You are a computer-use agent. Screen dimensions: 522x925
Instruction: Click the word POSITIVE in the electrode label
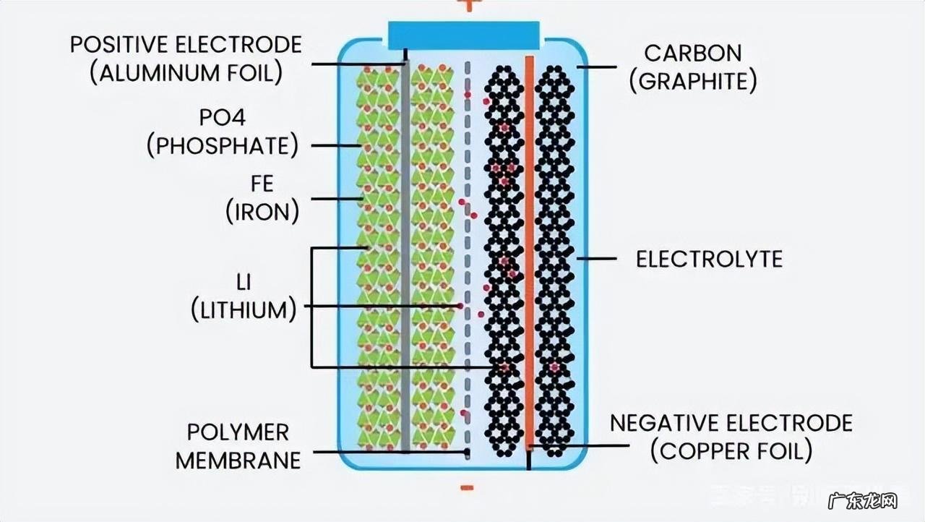[116, 44]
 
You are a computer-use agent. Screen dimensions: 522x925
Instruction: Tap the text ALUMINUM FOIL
[186, 73]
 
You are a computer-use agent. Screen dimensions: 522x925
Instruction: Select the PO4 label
[223, 117]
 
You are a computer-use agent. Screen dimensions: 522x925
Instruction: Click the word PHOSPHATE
[223, 145]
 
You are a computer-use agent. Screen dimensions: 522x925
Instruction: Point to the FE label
[262, 184]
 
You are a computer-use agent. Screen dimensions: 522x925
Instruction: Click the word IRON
[262, 212]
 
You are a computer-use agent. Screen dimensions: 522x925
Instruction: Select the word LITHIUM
[244, 309]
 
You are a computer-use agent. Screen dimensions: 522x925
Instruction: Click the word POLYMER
[238, 432]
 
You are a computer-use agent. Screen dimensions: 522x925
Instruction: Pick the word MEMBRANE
[238, 460]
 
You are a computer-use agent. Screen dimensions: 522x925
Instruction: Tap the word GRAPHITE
[692, 81]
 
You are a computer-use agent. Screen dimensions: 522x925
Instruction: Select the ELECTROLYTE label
[709, 259]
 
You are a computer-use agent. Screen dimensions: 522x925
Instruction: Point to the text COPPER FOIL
[731, 451]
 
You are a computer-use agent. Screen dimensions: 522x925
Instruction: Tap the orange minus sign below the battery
[467, 489]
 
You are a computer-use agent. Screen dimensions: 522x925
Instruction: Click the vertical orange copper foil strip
[530, 253]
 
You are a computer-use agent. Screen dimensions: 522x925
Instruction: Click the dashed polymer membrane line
[468, 253]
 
